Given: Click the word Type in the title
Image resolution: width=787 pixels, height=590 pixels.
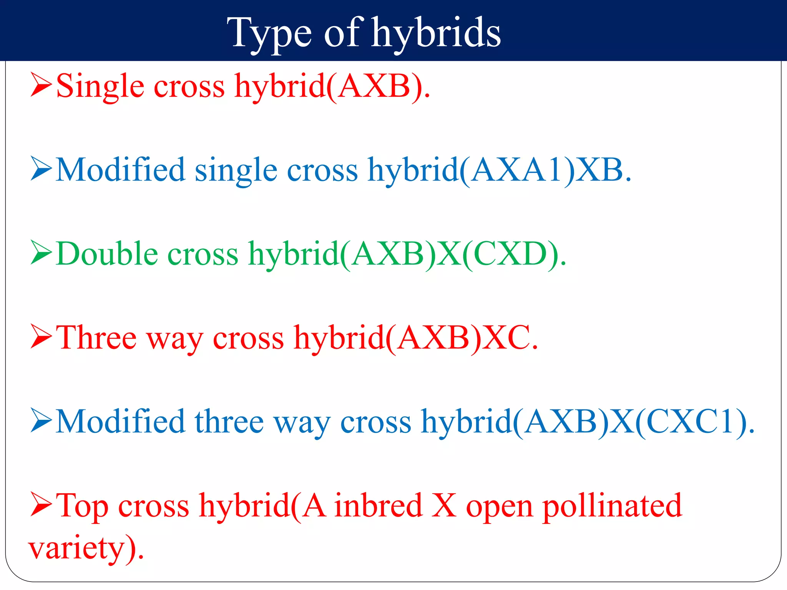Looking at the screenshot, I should point(269,34).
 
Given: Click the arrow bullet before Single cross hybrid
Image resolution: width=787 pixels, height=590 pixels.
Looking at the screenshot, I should point(41,85).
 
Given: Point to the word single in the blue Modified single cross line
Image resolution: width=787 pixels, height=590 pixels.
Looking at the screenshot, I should point(236,171).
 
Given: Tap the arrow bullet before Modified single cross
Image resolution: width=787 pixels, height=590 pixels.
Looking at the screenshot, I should point(41,169).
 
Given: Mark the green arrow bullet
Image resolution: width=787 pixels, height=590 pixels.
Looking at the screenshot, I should point(41,253).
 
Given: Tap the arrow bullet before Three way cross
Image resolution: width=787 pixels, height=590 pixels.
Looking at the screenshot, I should point(41,337).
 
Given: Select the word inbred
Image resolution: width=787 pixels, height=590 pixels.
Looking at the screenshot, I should point(379,506).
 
